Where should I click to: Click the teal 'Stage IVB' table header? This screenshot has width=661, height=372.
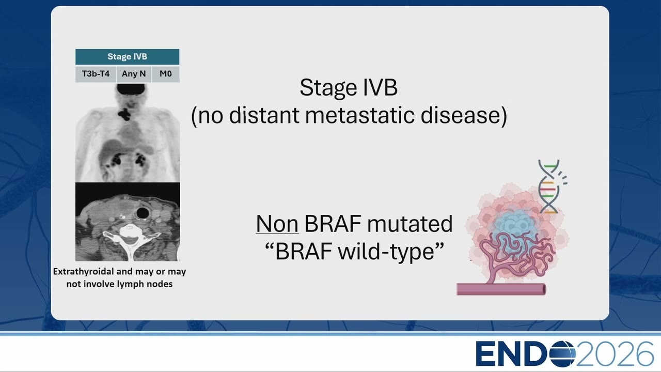click(x=127, y=57)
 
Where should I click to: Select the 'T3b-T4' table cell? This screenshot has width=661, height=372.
click(x=96, y=74)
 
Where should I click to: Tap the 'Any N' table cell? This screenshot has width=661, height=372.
click(x=134, y=74)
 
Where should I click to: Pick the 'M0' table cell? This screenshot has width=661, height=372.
click(x=166, y=74)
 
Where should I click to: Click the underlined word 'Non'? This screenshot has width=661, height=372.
click(x=277, y=224)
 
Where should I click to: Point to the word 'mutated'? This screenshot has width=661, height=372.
click(x=410, y=224)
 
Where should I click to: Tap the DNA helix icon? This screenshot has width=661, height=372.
click(x=550, y=187)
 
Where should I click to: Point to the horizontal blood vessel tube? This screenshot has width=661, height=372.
click(x=501, y=289)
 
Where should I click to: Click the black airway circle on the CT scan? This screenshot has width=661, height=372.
click(x=143, y=212)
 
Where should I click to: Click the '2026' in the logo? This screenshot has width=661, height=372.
click(x=615, y=354)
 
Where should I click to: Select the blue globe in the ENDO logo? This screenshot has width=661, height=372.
click(x=562, y=354)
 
